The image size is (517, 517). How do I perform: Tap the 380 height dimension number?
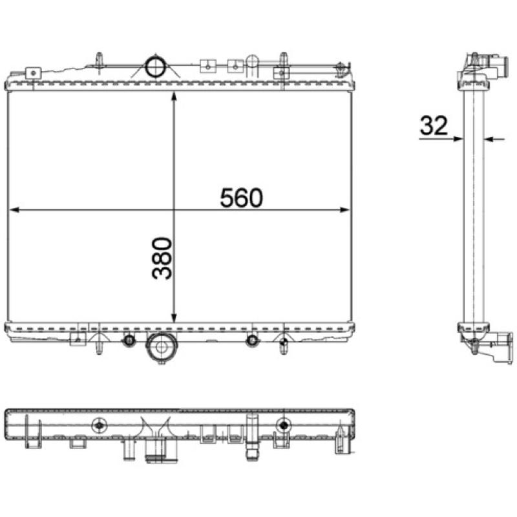pos(163,258)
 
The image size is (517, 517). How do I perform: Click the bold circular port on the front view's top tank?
pos(155,67)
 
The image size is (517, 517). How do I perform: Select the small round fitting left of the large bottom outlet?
pos(129,340)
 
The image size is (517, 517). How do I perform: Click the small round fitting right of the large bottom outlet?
pos(252,340)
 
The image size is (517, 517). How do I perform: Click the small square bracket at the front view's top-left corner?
pos(33,72)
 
